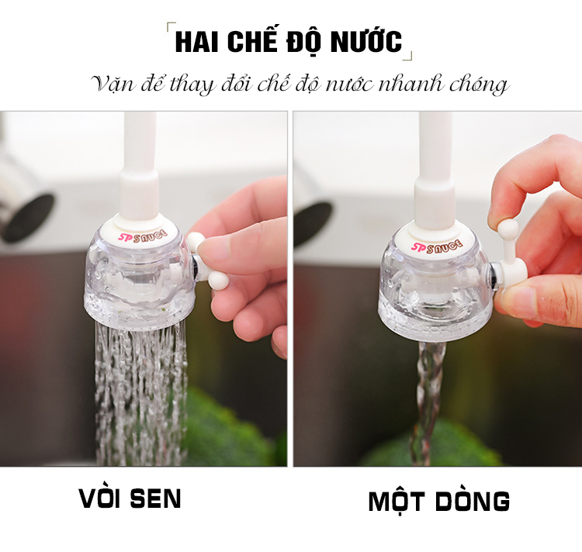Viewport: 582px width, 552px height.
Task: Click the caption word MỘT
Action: pyautogui.click(x=397, y=502)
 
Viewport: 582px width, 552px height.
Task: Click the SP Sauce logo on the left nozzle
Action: pyautogui.click(x=143, y=236)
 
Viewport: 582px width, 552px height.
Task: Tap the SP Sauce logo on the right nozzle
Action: pyautogui.click(x=437, y=246)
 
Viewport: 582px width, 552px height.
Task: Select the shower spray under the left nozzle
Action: pyautogui.click(x=141, y=393)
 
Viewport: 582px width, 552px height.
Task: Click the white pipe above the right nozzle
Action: pyautogui.click(x=435, y=170)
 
